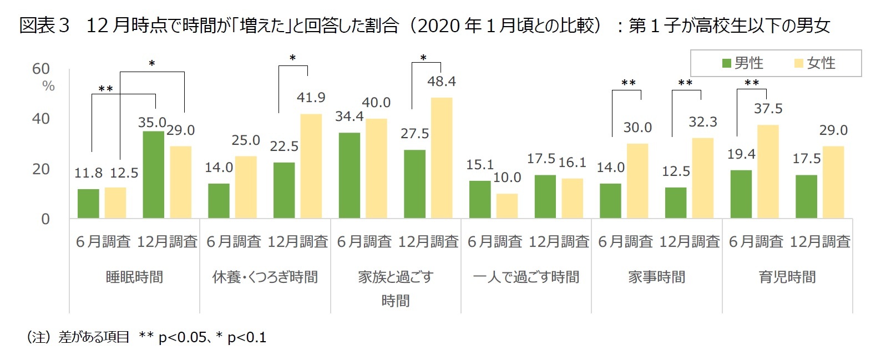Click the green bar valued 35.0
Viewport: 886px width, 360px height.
(x=154, y=175)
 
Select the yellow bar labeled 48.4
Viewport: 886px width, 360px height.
(x=442, y=158)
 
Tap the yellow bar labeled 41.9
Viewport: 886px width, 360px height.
(x=311, y=166)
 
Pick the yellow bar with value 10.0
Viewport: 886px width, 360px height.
(x=507, y=206)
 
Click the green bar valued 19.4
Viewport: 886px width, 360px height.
(x=741, y=194)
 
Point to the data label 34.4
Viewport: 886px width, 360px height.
(x=349, y=116)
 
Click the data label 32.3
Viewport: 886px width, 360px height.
(x=703, y=122)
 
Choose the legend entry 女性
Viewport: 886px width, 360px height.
(x=815, y=63)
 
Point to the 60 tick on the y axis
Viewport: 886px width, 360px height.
(x=41, y=69)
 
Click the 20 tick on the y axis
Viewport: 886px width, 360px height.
(x=41, y=169)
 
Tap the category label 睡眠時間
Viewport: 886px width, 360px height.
(x=134, y=277)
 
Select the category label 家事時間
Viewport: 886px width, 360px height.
(x=656, y=277)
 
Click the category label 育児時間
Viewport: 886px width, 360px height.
(x=787, y=277)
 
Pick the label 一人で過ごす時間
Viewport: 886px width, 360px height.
(x=526, y=277)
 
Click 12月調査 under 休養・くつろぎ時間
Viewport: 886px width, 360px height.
(x=298, y=242)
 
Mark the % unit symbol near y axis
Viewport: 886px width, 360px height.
(x=49, y=86)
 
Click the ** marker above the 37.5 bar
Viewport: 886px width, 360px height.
(x=752, y=83)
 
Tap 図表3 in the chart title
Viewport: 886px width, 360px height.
(x=44, y=26)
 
